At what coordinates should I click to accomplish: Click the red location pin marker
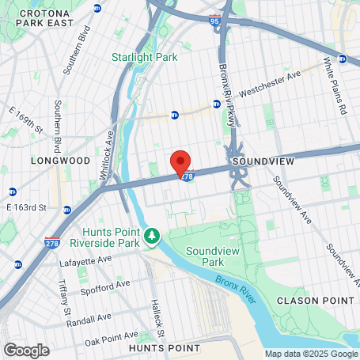pyautogui.click(x=180, y=163)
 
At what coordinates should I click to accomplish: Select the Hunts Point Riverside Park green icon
pyautogui.click(x=152, y=235)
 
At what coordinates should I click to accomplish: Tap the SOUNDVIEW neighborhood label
pyautogui.click(x=263, y=161)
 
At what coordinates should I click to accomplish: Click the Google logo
pyautogui.click(x=26, y=350)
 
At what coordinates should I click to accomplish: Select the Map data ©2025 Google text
pyautogui.click(x=310, y=354)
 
